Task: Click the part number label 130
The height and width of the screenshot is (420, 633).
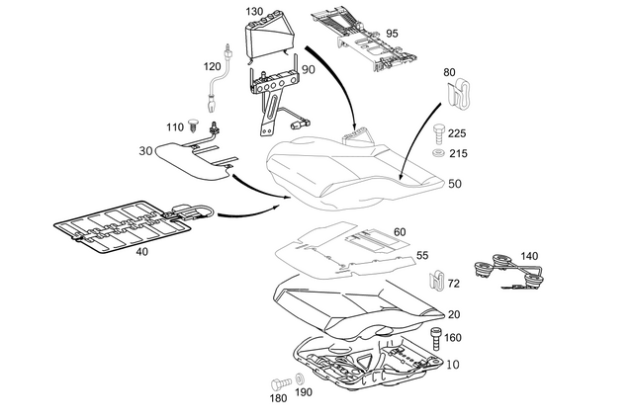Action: (254, 11)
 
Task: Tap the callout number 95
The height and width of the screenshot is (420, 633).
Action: (392, 34)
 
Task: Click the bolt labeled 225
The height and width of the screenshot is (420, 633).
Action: (438, 130)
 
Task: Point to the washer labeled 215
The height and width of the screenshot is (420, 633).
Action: (438, 154)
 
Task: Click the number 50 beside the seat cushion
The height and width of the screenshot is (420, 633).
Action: (454, 184)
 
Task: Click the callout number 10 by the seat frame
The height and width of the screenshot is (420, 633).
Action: (454, 364)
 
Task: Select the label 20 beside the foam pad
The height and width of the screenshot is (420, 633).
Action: (454, 314)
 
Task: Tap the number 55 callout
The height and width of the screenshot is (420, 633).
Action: (421, 256)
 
